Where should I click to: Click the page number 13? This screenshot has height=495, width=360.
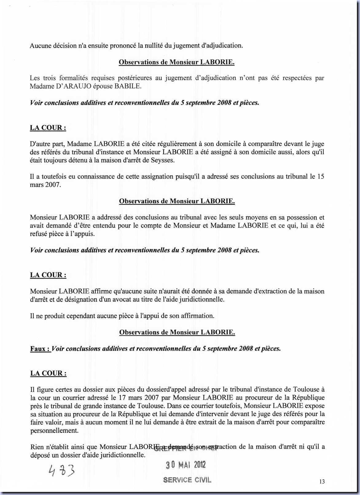[x=322, y=481]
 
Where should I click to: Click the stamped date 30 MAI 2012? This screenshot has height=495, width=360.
[x=186, y=465]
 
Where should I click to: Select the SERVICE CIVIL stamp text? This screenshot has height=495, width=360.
[x=187, y=480]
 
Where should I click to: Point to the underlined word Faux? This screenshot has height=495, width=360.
[x=40, y=349]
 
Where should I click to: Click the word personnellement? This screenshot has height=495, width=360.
[x=54, y=430]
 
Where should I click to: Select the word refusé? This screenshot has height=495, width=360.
[x=40, y=234]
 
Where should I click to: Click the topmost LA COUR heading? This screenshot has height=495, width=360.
[x=48, y=128]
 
